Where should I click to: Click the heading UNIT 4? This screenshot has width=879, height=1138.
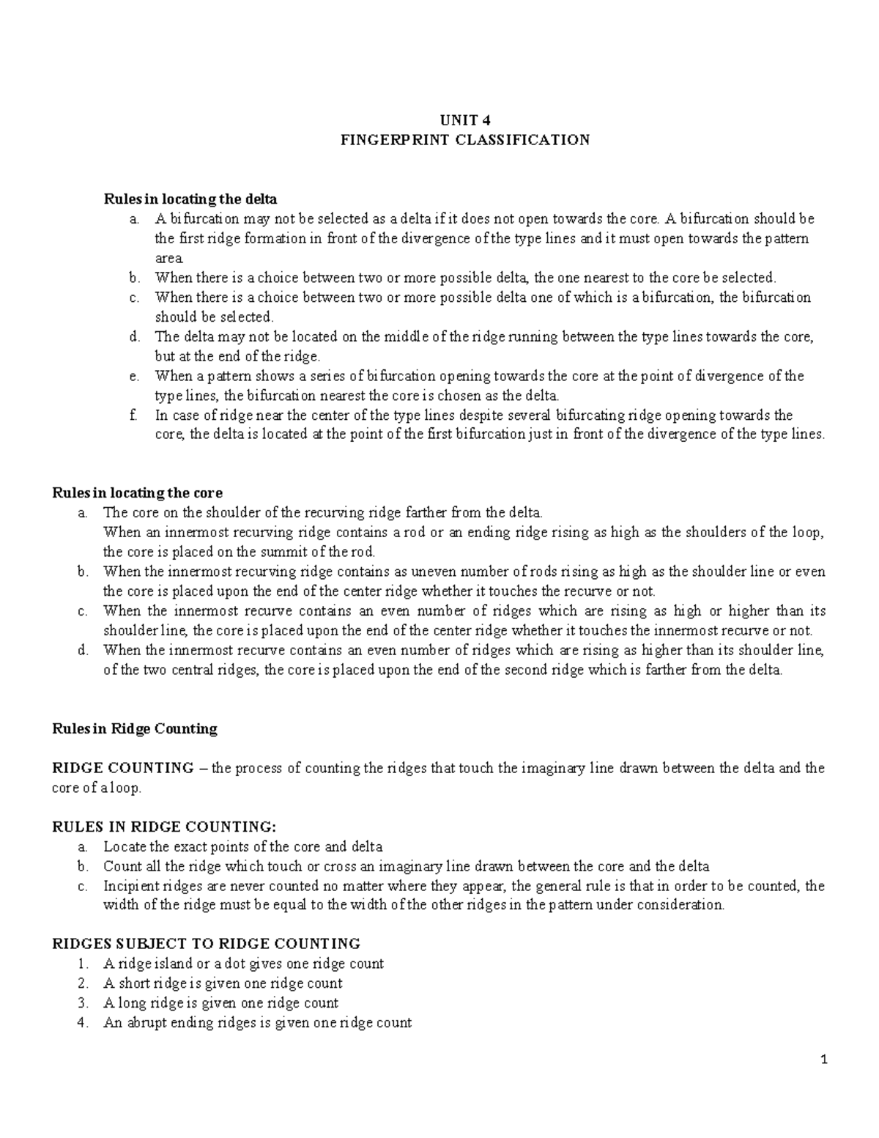(x=461, y=120)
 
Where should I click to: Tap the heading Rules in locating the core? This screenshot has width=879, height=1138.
(x=137, y=492)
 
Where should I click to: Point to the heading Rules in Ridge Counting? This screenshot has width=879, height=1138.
(x=135, y=728)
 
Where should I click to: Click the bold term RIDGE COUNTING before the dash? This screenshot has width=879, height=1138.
(x=122, y=768)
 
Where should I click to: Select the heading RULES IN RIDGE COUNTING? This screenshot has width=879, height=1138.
(x=165, y=827)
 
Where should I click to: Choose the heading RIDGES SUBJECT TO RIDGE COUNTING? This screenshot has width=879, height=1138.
(x=206, y=943)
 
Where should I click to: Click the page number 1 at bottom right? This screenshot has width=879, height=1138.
(x=824, y=1060)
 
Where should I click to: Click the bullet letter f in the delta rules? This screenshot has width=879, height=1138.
(x=132, y=415)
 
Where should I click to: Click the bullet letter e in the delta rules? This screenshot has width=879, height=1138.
(x=133, y=376)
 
